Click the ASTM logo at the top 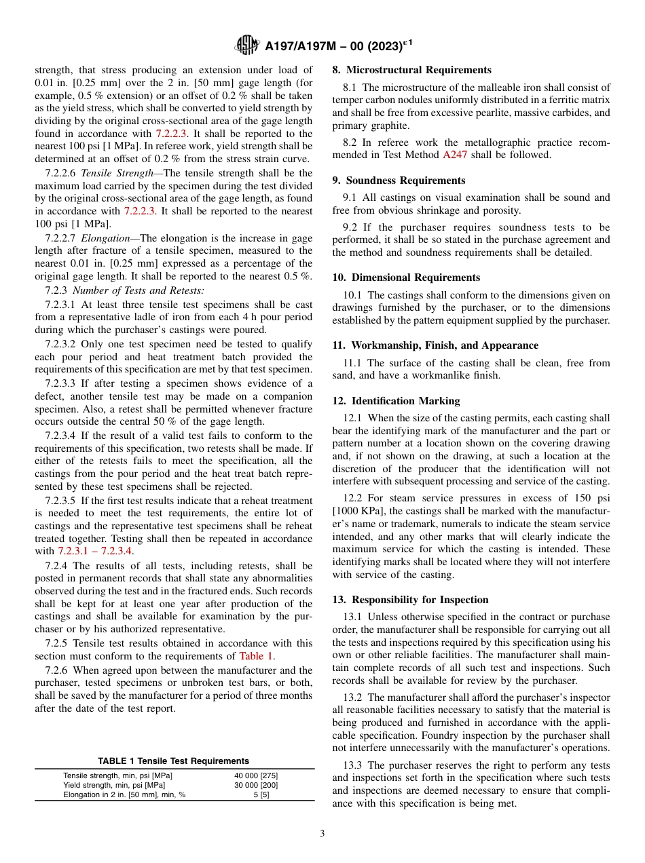[246, 45]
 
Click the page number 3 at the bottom [322, 833]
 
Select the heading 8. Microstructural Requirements [411, 70]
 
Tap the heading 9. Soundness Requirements [399, 180]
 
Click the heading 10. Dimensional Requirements [406, 277]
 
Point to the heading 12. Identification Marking [396, 401]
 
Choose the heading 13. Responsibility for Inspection [410, 600]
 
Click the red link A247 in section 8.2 [454, 155]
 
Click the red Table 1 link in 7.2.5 [256, 656]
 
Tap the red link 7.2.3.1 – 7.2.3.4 [95, 551]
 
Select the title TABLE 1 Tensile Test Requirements [173, 761]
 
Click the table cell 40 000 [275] [255, 775]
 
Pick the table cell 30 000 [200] [255, 785]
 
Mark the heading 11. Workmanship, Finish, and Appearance [435, 345]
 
